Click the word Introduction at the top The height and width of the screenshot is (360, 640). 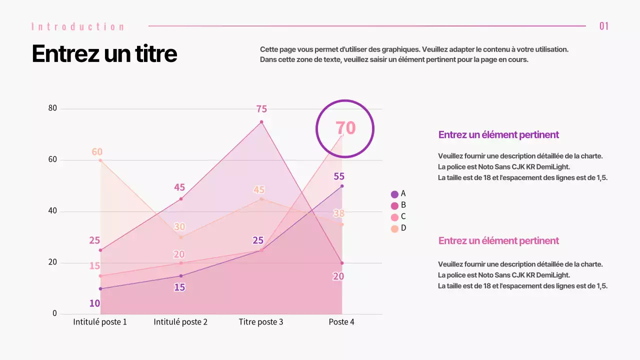click(x=77, y=26)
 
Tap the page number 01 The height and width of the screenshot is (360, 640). click(x=604, y=26)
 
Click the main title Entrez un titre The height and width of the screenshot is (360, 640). click(x=104, y=53)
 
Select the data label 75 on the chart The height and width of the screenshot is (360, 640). click(x=261, y=109)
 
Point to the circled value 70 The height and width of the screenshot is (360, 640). click(x=345, y=128)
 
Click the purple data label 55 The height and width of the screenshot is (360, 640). click(x=339, y=176)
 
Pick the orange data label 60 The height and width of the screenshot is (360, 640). click(x=97, y=152)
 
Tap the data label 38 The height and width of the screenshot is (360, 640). click(x=338, y=213)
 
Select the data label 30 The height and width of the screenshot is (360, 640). click(x=179, y=226)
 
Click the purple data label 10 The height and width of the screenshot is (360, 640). click(x=94, y=303)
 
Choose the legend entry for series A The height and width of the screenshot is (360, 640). click(x=398, y=194)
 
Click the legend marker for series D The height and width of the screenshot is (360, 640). click(x=394, y=228)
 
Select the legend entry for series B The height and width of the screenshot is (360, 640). click(x=398, y=205)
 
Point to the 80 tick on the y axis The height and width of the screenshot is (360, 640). click(x=52, y=108)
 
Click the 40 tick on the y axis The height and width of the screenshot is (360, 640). click(x=52, y=211)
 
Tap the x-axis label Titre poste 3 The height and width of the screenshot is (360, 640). click(x=261, y=322)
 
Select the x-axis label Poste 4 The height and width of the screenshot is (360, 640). click(x=341, y=322)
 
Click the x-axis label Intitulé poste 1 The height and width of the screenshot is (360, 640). click(x=100, y=322)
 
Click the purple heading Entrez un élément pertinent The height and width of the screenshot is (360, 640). click(x=498, y=134)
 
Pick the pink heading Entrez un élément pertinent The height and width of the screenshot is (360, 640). click(x=498, y=240)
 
